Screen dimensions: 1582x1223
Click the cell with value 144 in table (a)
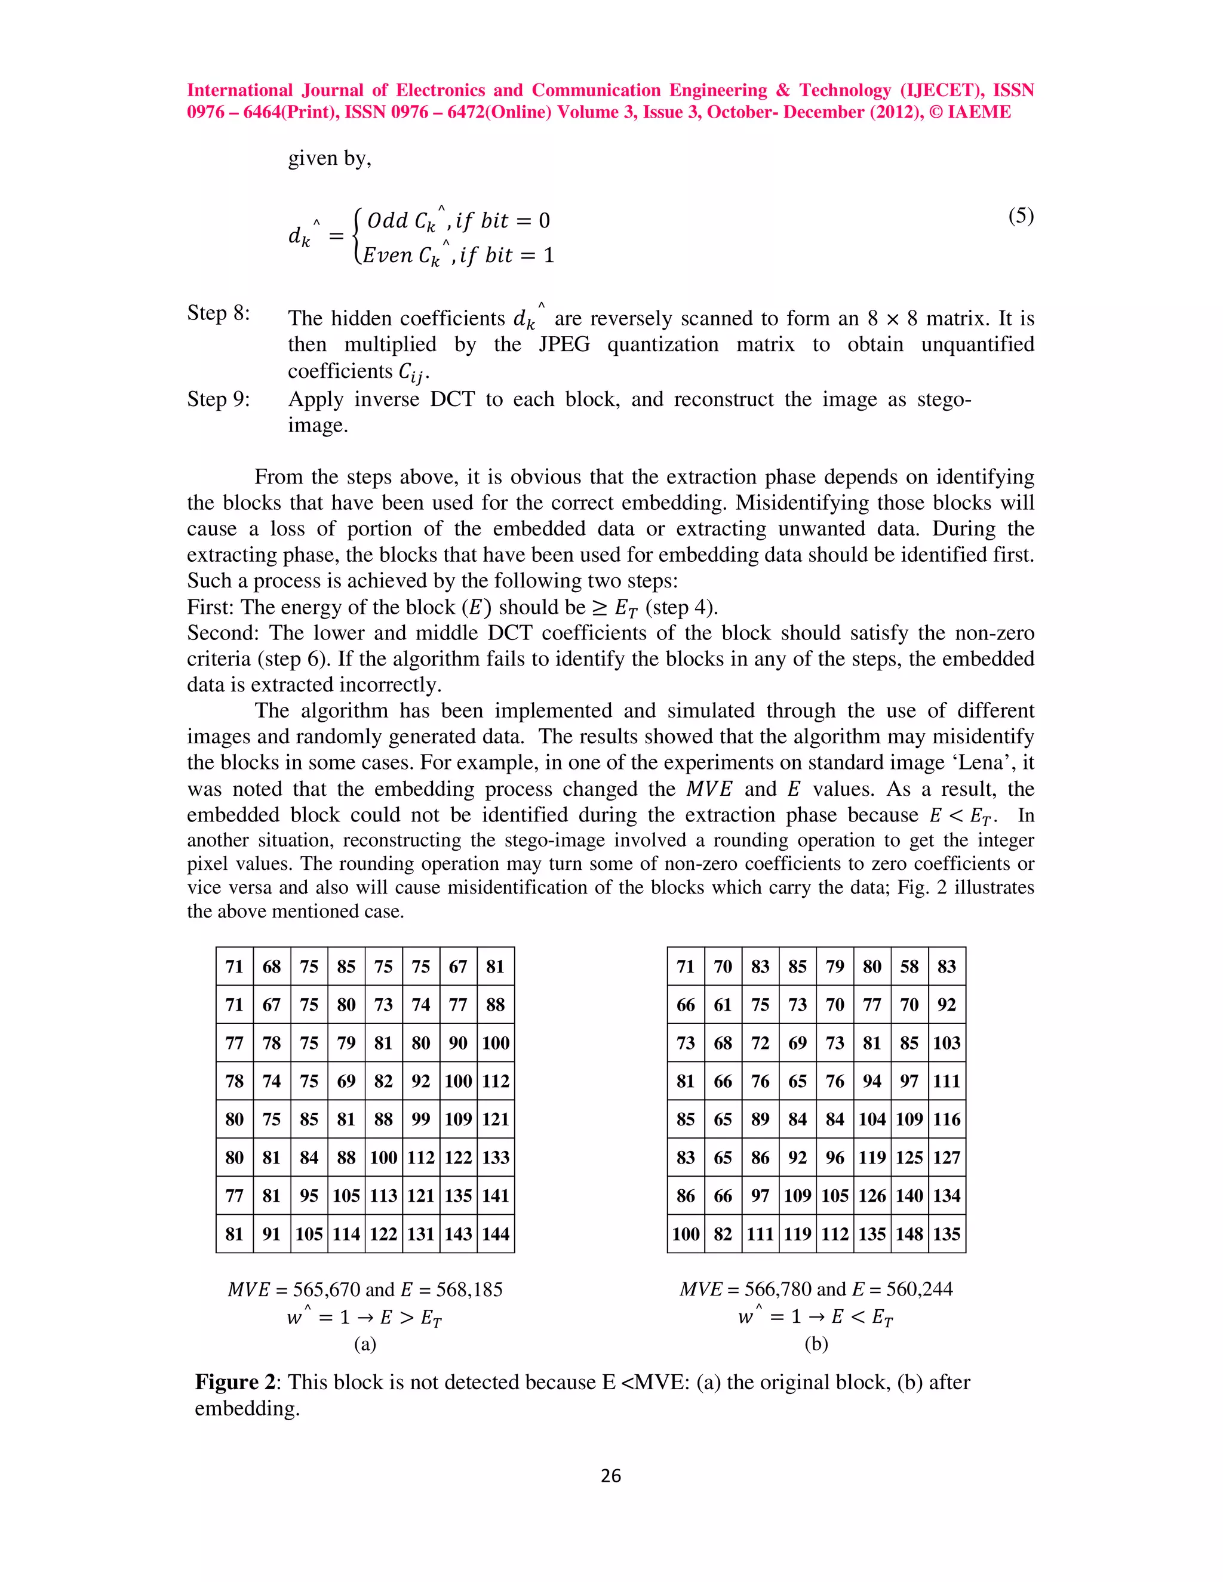(496, 1233)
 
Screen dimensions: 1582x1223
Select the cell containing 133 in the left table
(496, 1157)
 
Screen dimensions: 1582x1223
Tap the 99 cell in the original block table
(421, 1119)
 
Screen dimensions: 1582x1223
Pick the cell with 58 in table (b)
(909, 967)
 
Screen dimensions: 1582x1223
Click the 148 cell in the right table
(909, 1233)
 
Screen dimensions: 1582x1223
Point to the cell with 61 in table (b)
(723, 1005)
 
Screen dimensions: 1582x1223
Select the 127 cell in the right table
(947, 1157)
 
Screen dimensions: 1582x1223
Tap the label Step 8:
(218, 313)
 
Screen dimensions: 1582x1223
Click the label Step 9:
(218, 399)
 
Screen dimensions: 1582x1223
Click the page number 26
(611, 1476)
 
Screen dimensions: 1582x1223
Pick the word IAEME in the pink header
(979, 112)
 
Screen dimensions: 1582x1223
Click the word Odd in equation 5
(388, 220)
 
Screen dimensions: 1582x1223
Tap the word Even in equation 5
(387, 255)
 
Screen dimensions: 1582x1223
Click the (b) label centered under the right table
(816, 1344)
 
